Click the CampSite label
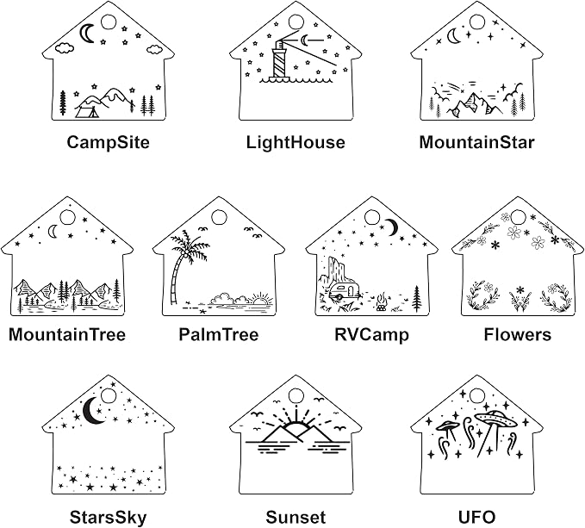pos(109,142)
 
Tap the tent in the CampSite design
pos(88,111)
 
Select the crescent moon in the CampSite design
pos(86,34)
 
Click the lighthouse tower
pos(279,59)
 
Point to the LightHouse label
pos(296,142)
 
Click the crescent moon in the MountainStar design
pos(453,36)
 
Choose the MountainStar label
pos(476,142)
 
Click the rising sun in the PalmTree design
pos(259,299)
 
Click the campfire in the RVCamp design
pos(381,302)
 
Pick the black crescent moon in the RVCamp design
pos(392,227)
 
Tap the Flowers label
pos(518,334)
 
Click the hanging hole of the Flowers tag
pos(518,217)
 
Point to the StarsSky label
pos(109,518)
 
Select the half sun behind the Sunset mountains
pos(295,426)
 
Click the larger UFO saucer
pos(495,419)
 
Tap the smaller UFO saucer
pos(446,426)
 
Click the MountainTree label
pos(67,334)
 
